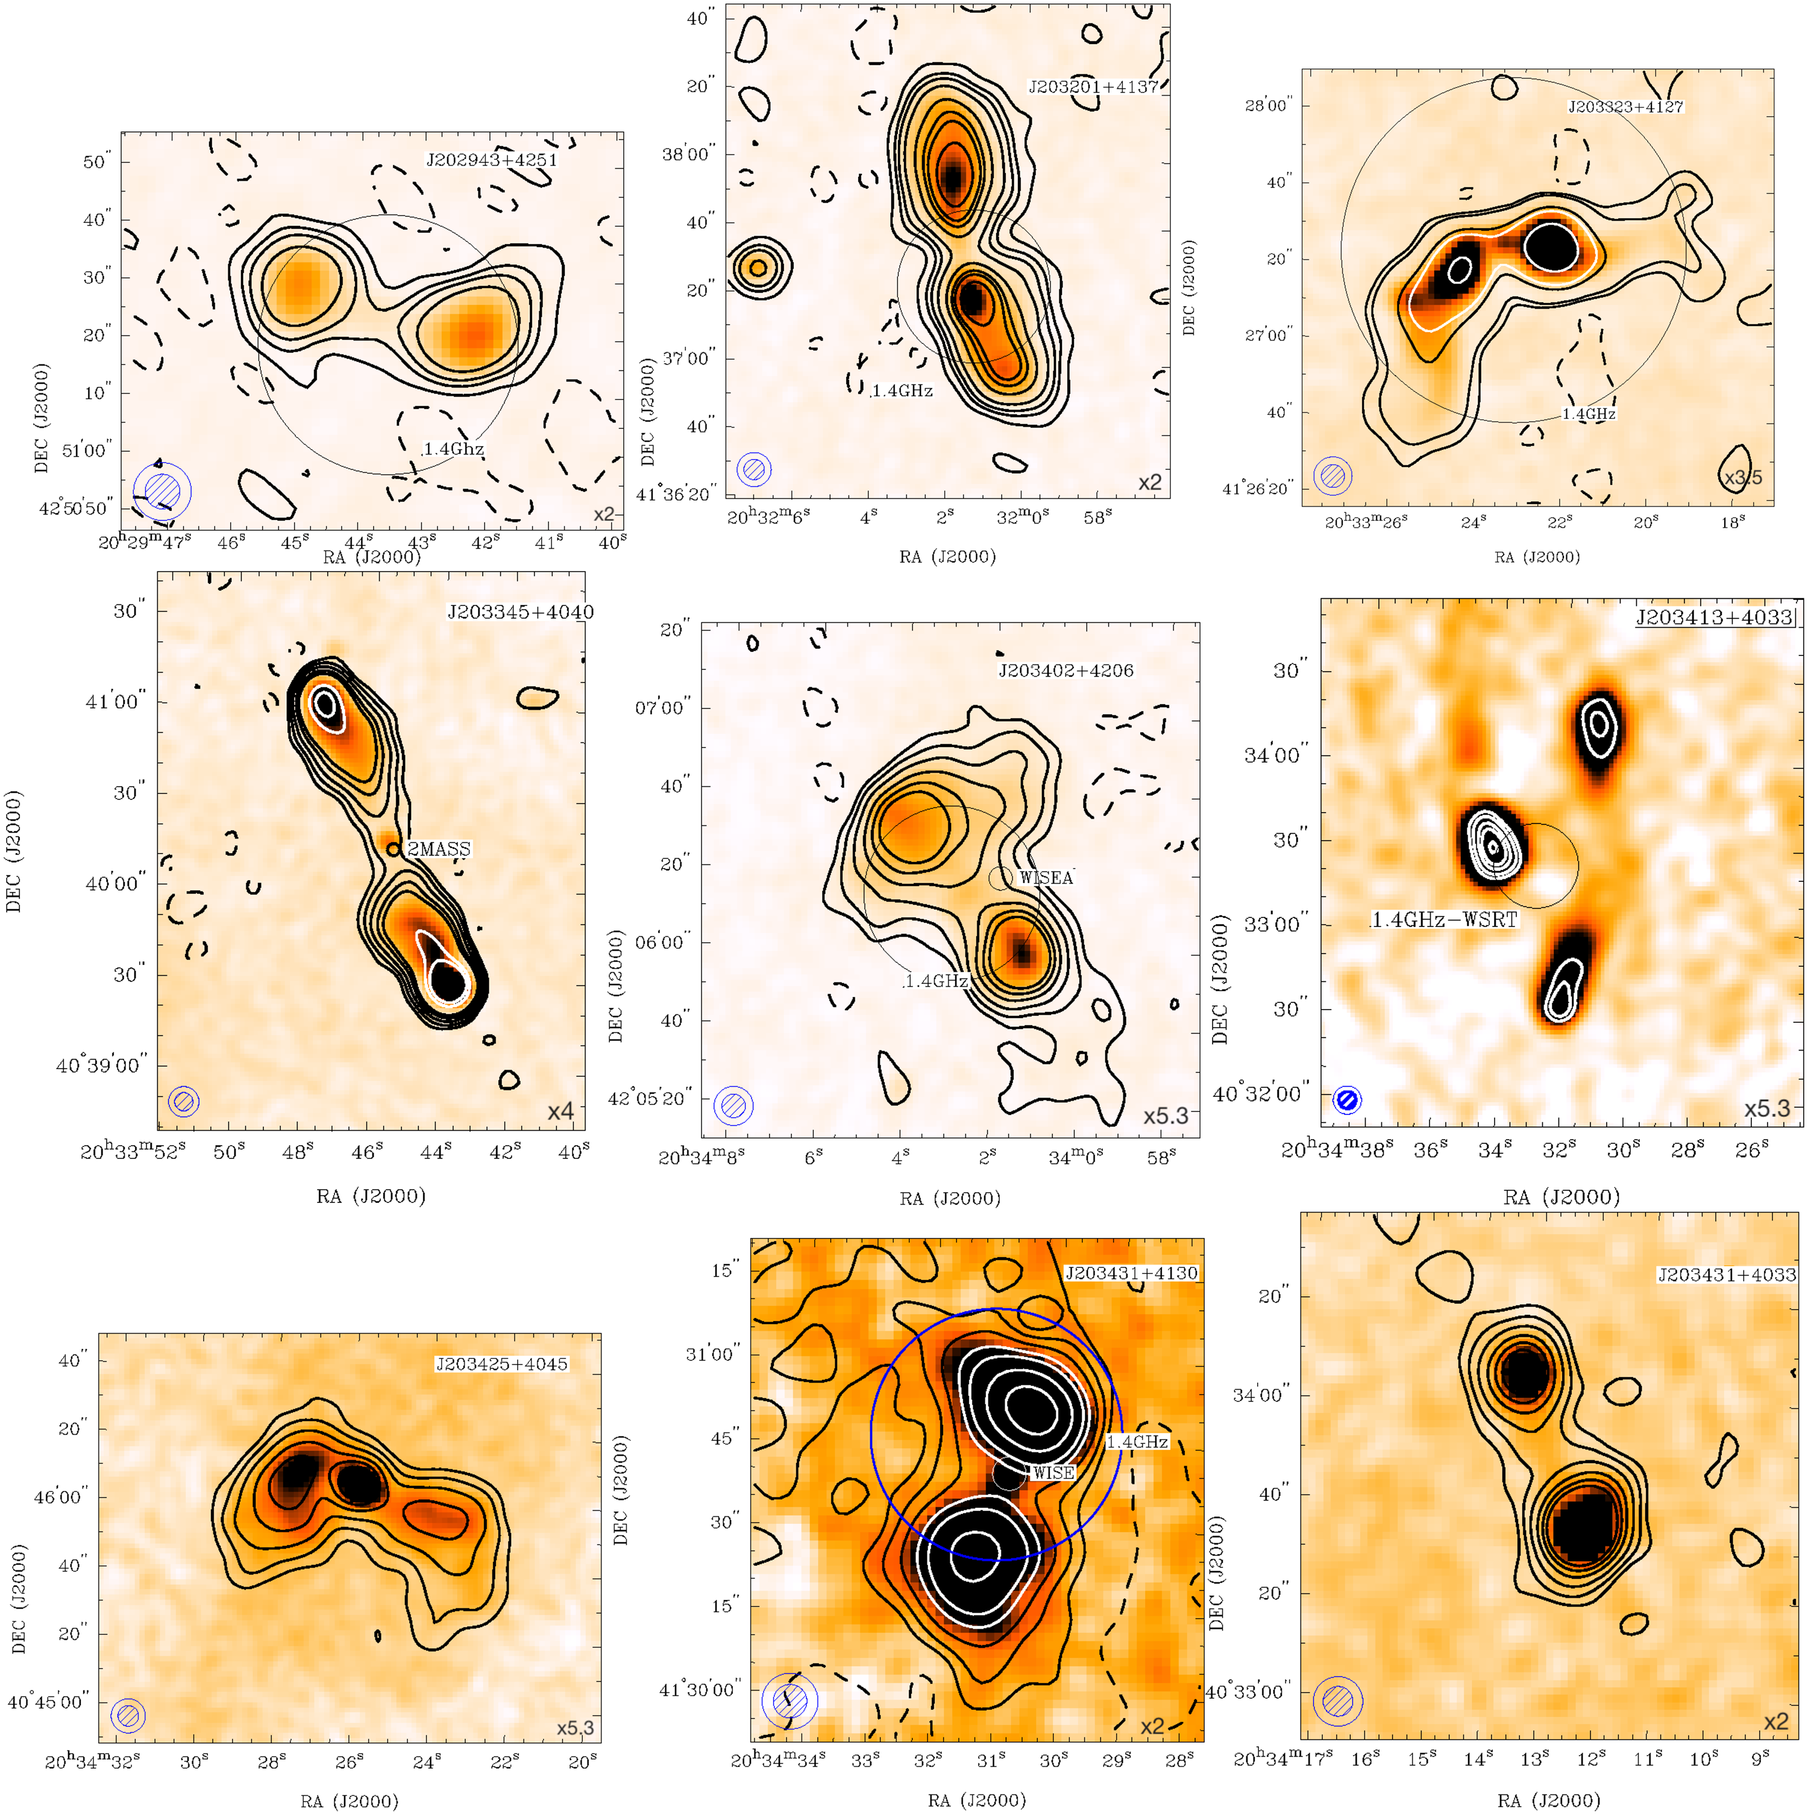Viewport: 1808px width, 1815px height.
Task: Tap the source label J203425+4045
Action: [x=502, y=1364]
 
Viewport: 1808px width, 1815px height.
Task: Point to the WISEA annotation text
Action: [x=1046, y=878]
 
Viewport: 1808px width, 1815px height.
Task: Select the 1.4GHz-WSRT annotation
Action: [x=1445, y=920]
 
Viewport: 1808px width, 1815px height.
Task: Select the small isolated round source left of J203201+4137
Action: [x=758, y=267]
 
